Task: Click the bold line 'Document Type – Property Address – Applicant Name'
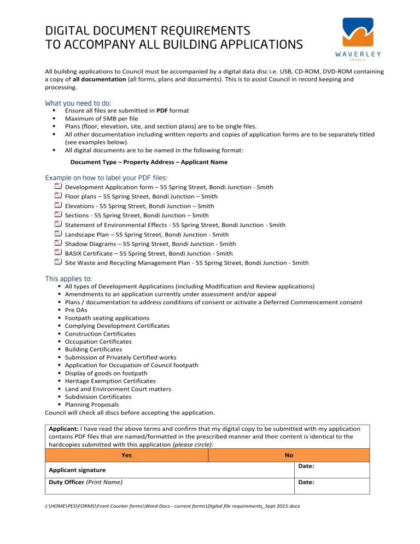click(x=149, y=162)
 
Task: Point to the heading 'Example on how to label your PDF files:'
click(x=106, y=178)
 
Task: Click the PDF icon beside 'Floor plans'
click(x=58, y=196)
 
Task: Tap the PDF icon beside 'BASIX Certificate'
click(x=58, y=253)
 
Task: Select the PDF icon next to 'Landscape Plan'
click(x=58, y=234)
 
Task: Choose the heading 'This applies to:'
click(x=68, y=279)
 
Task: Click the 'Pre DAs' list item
click(x=77, y=310)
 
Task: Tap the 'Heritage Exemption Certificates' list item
click(x=110, y=381)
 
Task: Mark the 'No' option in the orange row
click(x=289, y=455)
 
